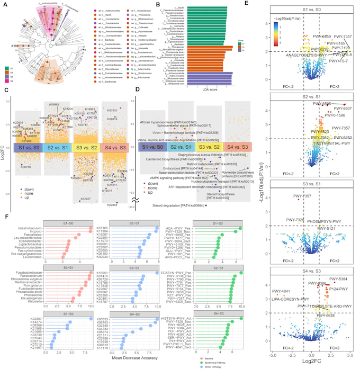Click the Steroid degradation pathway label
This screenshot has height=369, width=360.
[176, 204]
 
